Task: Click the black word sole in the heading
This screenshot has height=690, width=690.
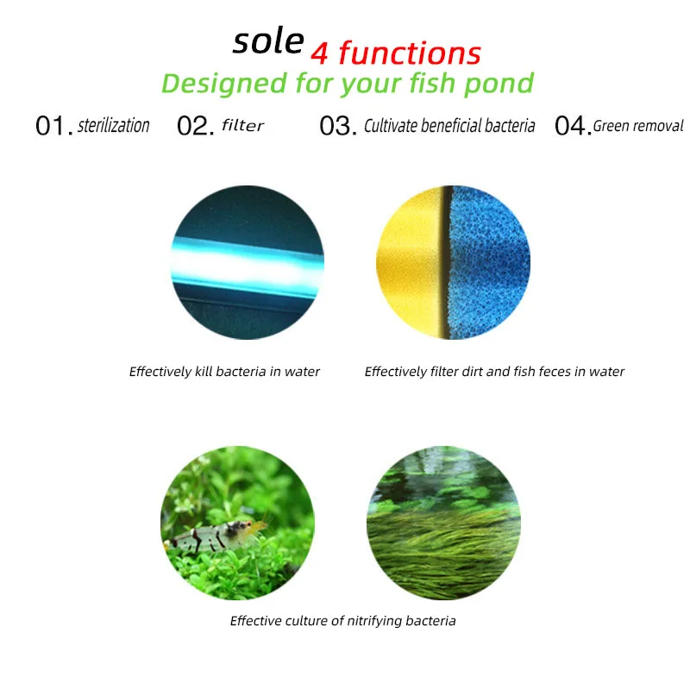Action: tap(268, 42)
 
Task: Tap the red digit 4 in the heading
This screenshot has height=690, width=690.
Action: tap(319, 54)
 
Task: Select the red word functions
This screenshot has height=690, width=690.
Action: tap(410, 53)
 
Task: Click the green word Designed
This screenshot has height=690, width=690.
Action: tap(224, 83)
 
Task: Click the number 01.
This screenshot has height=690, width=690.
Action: tap(54, 126)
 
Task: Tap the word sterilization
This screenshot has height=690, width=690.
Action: tap(114, 125)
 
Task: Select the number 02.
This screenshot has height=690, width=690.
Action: tap(196, 126)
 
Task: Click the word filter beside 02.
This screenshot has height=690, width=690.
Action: tap(242, 125)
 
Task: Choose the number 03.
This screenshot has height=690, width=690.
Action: tap(338, 126)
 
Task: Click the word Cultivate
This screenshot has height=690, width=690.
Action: tap(391, 126)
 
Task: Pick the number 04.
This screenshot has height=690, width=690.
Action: tap(573, 126)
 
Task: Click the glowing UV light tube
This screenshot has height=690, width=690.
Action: tap(248, 267)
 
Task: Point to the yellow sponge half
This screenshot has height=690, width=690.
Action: tap(411, 263)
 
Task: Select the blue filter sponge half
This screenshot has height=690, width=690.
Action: tap(489, 262)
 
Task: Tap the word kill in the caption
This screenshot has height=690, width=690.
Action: tap(204, 372)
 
